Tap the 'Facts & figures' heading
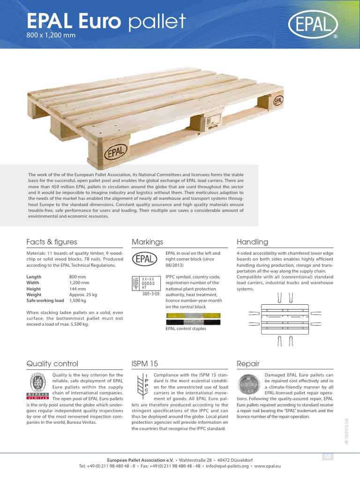click(x=52, y=242)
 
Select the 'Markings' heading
click(x=147, y=242)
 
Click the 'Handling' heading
click(x=252, y=242)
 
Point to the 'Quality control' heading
click(x=52, y=363)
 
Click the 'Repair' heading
click(x=248, y=363)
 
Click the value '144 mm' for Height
click(x=77, y=289)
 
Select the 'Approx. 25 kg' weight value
click(x=83, y=295)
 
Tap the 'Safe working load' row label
click(x=45, y=301)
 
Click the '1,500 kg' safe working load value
click(x=78, y=301)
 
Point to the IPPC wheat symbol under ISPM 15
click(x=141, y=383)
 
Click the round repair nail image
click(x=248, y=384)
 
